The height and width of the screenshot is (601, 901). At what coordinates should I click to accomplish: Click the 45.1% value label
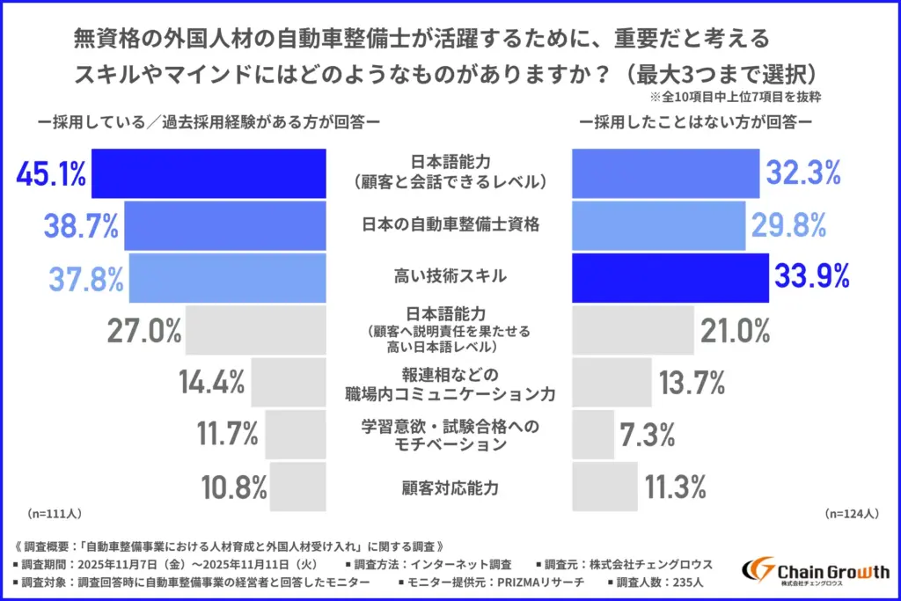[51, 174]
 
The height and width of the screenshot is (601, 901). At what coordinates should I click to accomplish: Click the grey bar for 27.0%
[256, 330]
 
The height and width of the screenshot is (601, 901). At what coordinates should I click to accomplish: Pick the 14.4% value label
[211, 382]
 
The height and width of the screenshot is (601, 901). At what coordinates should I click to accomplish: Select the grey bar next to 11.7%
[296, 433]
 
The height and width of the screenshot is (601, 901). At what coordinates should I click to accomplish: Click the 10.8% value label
[234, 486]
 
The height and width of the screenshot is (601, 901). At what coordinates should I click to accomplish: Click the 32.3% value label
[804, 174]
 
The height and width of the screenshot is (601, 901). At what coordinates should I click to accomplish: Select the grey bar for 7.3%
[593, 433]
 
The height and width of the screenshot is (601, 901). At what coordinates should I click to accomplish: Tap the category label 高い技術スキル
[450, 276]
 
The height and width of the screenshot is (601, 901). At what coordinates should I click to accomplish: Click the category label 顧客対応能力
[450, 485]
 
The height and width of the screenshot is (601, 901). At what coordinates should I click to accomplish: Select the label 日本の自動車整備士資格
[450, 224]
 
